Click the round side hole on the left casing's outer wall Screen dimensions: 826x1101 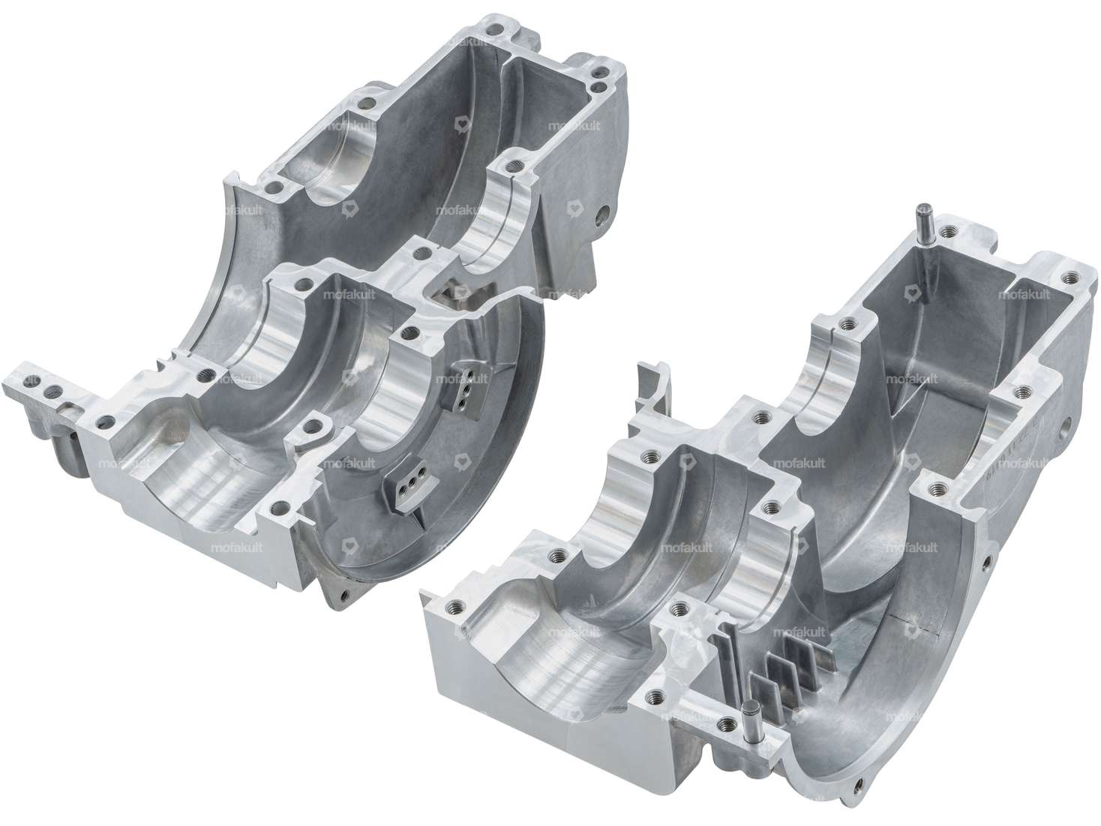(601, 217)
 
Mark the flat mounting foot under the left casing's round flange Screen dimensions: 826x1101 (340, 592)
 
